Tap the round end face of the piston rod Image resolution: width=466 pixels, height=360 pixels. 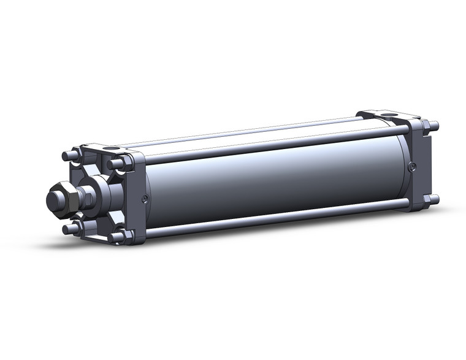(54, 199)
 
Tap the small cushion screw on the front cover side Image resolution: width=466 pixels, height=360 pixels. (144, 198)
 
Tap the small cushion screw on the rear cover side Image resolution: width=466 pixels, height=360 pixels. (412, 166)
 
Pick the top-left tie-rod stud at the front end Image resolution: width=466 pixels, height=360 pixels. (69, 156)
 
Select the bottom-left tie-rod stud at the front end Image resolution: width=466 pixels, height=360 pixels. (71, 229)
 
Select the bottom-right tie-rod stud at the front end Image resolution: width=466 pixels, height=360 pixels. (116, 237)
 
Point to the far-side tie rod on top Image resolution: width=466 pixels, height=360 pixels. (245, 134)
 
